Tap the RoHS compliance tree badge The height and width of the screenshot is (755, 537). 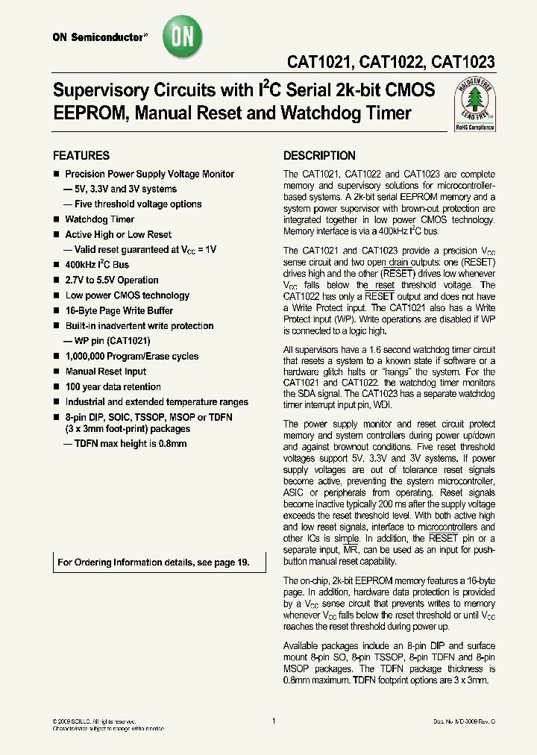tap(474, 107)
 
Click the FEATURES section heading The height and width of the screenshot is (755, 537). tap(81, 156)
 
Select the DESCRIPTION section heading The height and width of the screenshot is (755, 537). tap(319, 156)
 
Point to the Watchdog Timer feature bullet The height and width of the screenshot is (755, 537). tap(99, 219)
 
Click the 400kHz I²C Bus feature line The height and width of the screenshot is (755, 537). tap(97, 265)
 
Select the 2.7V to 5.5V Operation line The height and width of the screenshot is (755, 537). tap(111, 281)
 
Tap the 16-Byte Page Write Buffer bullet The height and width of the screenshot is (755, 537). tap(119, 310)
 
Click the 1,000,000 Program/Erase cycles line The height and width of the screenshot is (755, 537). tap(131, 357)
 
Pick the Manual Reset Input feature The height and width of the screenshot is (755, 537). tap(105, 372)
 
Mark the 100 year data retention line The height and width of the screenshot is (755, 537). tap(113, 386)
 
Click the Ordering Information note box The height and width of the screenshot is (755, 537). tap(154, 563)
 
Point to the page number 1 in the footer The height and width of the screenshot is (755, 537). tap(274, 721)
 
